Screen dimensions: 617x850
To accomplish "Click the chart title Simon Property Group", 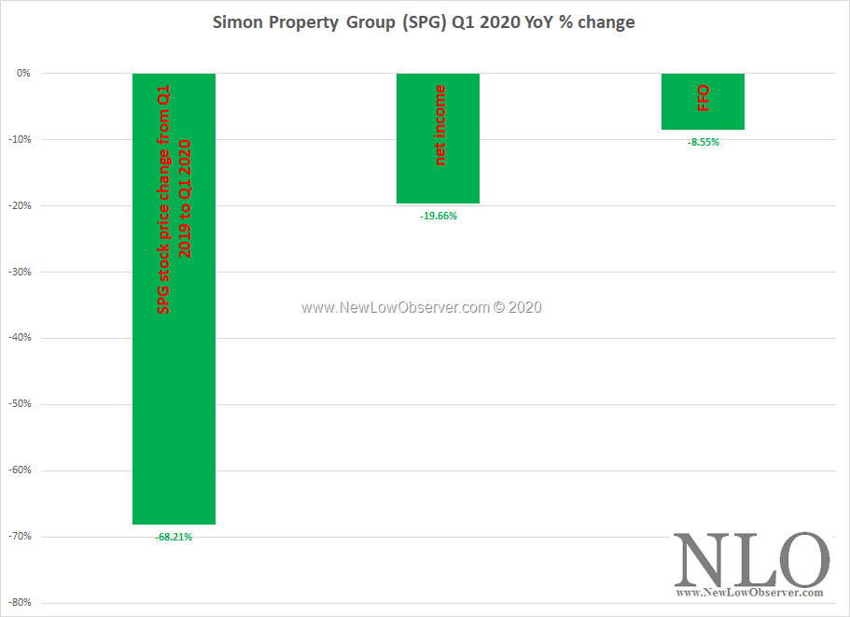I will click(x=425, y=22).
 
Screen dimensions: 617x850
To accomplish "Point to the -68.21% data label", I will click(x=174, y=537).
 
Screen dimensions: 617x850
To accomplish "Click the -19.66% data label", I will click(x=439, y=216).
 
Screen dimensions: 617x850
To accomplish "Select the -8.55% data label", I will click(x=703, y=143).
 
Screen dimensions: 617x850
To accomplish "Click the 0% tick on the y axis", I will click(x=23, y=73).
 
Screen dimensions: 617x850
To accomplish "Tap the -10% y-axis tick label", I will click(x=20, y=139).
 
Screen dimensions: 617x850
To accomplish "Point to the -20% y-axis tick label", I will click(x=20, y=205).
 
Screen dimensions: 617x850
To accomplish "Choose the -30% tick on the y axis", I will click(x=20, y=272).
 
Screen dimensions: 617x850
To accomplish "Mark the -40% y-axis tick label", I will click(x=20, y=338).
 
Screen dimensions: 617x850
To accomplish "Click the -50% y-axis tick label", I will click(x=20, y=404).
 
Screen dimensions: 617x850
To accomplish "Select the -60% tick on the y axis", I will click(x=20, y=470).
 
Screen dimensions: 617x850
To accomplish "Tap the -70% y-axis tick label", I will click(x=20, y=537).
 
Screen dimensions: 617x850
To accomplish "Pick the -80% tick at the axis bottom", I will click(x=20, y=603).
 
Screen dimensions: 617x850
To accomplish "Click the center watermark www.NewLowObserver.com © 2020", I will click(x=421, y=307).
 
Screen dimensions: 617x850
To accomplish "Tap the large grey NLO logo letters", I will click(x=751, y=560).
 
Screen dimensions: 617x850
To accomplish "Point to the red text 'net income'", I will click(x=440, y=125).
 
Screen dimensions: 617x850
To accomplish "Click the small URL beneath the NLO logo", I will click(x=749, y=593).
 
